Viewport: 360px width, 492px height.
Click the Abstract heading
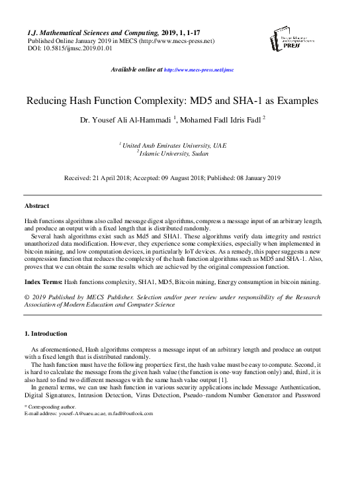(36, 206)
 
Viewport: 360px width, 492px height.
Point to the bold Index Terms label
(43, 282)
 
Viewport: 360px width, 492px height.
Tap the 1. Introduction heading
(46, 334)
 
